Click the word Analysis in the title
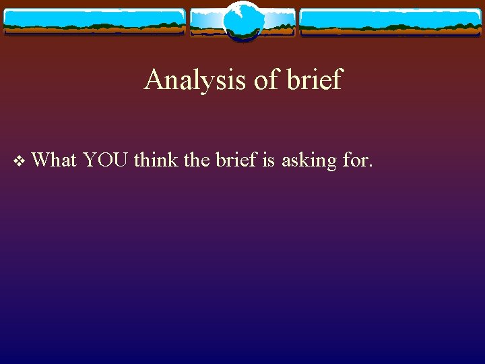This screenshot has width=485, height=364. tap(195, 80)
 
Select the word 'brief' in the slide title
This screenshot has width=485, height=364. tap(314, 80)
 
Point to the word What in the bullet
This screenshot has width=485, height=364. tap(54, 160)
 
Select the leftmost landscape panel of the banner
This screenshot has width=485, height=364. tap(94, 22)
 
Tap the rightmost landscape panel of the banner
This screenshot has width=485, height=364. tap(390, 22)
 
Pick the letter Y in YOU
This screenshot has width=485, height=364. tap(90, 160)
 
